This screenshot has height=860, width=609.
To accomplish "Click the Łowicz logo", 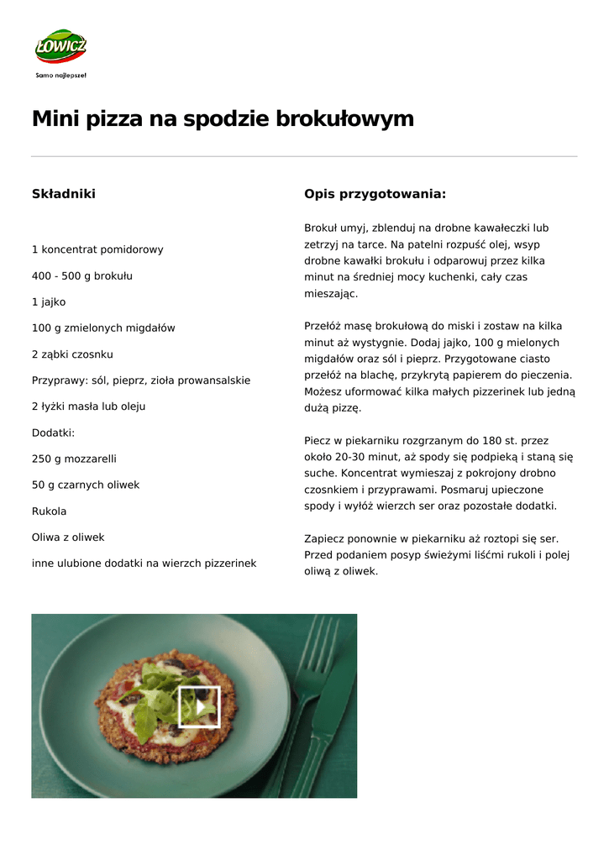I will coord(60,47).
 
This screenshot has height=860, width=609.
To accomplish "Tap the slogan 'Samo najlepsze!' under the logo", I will coord(60,75).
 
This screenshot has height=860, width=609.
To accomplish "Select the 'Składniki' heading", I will coord(64,194).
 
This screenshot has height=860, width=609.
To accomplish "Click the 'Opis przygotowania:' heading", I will coord(375,194).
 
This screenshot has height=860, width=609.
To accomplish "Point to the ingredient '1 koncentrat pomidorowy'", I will coord(97,249).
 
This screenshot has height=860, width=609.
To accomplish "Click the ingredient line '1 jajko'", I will coord(49,302).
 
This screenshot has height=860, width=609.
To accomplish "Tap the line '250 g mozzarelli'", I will coord(74,459).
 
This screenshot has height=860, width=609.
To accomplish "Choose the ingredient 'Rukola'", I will coord(49,511).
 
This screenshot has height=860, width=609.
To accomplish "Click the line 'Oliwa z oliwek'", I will coord(68,537).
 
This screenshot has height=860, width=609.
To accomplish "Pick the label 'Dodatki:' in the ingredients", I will coord(53,433).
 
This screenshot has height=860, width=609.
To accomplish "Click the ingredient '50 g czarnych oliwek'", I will coord(86,485).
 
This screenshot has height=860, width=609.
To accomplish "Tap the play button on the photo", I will coord(199,706).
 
